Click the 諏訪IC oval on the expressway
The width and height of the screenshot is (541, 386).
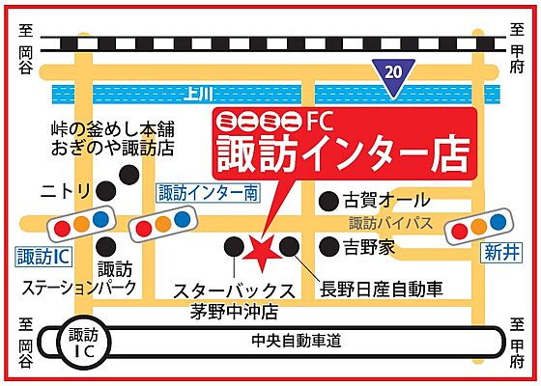(x=84, y=342)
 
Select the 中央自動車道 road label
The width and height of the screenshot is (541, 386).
(x=297, y=342)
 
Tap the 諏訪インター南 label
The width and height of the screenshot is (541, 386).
(x=208, y=193)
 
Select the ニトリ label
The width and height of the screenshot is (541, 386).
(x=67, y=189)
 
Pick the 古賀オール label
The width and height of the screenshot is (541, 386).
(x=386, y=200)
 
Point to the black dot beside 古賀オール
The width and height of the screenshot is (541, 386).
(x=328, y=201)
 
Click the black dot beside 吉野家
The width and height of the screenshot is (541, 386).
(x=328, y=247)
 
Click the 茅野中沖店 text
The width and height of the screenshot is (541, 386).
(x=233, y=312)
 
